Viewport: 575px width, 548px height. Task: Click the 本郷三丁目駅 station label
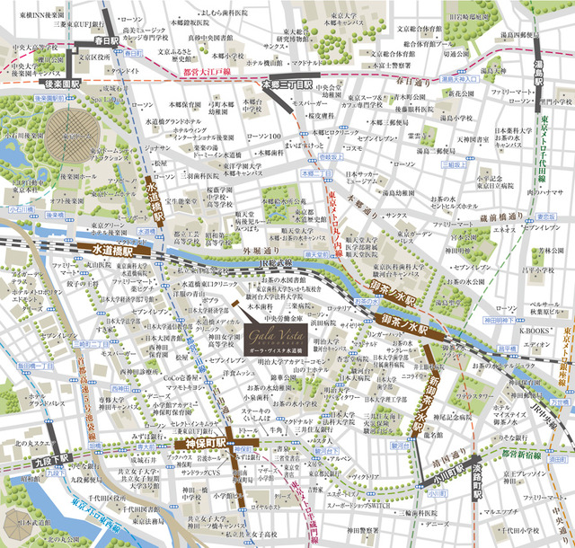[287, 84]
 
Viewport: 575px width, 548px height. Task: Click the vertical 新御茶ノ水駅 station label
[423, 395]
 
